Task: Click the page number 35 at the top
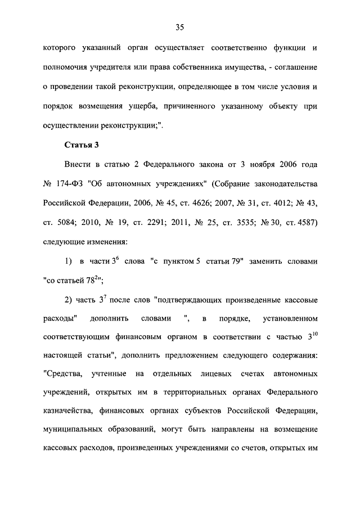pyautogui.click(x=180, y=27)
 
